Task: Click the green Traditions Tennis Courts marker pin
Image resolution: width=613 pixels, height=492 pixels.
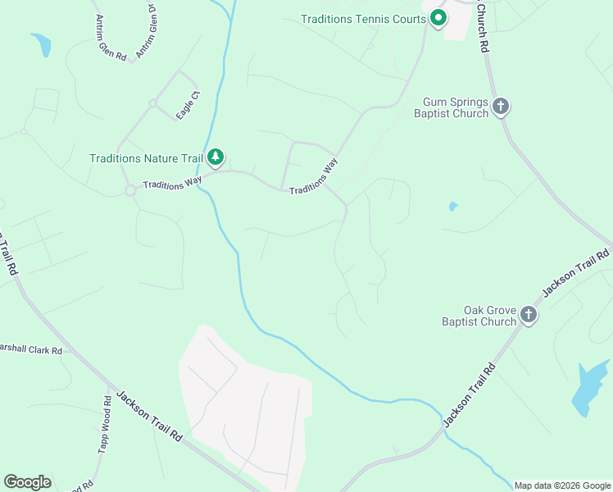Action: tap(438, 17)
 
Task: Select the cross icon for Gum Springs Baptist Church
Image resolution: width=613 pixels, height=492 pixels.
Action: tap(501, 106)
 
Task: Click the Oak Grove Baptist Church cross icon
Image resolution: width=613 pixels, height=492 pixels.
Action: tap(529, 314)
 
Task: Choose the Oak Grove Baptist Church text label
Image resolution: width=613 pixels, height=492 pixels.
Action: tap(479, 316)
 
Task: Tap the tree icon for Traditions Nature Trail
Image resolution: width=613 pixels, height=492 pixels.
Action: tap(216, 156)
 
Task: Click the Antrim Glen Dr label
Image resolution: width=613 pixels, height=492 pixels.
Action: tap(146, 31)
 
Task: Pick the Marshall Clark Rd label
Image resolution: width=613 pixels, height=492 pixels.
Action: tap(30, 351)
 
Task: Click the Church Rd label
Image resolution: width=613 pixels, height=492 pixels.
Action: tap(481, 31)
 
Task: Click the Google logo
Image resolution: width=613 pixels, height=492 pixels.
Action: tap(27, 482)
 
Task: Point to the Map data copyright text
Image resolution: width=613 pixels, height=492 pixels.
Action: tap(562, 485)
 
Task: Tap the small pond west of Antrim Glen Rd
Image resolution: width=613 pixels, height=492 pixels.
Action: tap(41, 44)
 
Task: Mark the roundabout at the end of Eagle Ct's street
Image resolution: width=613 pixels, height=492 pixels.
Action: tap(152, 103)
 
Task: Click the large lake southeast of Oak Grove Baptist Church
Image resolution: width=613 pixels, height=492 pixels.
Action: tap(588, 386)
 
